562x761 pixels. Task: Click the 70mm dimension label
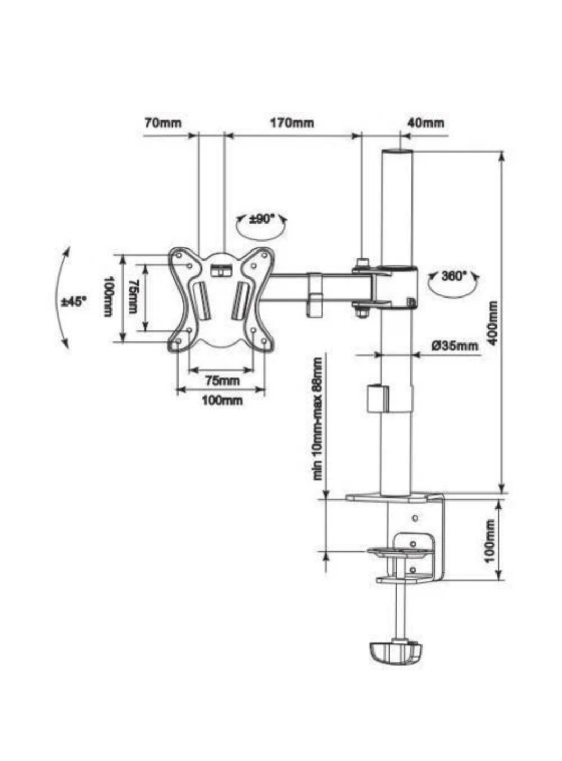pos(163,123)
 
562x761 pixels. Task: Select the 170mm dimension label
pos(292,123)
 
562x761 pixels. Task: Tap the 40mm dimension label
pos(426,123)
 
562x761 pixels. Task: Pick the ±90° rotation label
pos(262,219)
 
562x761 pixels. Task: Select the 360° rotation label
pos(454,275)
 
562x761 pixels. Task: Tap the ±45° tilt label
pos(74,302)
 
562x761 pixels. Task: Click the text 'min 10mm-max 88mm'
pos(318,418)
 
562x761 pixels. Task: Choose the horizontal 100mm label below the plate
pos(222,400)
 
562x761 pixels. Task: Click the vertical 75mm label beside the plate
pos(134,296)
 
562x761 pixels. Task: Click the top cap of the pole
pos(397,152)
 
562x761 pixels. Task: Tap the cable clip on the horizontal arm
pos(315,294)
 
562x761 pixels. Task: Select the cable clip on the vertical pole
pos(378,398)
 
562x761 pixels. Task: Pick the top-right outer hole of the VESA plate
pos(264,256)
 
